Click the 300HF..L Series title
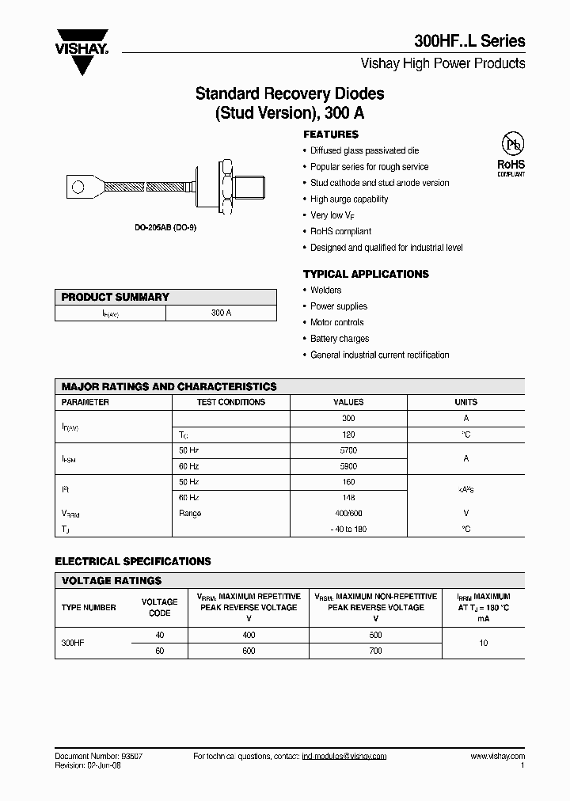pos(469,41)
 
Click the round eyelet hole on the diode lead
pos(78,188)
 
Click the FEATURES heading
pos(331,135)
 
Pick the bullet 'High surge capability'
pos(349,199)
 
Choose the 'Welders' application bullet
pos(325,290)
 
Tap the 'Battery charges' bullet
pos(340,339)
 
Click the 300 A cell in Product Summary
pos(221,313)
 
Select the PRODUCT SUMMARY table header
pos(116,297)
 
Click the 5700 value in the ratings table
pos(348,450)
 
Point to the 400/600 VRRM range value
pos(348,514)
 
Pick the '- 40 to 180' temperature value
pos(348,530)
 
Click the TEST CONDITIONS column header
pos(230,402)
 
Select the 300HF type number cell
pos(73,643)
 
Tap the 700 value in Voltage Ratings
pos(375,651)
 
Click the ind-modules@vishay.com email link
pos(344,757)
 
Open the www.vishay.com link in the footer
pos(497,757)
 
